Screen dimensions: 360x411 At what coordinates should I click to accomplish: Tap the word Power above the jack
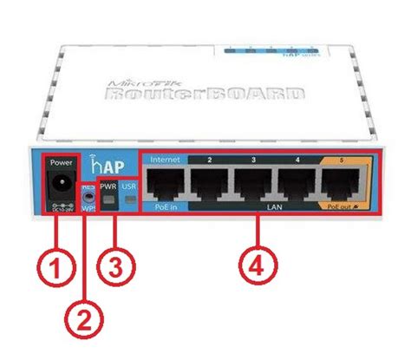(62, 162)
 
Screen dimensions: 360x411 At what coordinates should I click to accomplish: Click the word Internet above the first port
(165, 160)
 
